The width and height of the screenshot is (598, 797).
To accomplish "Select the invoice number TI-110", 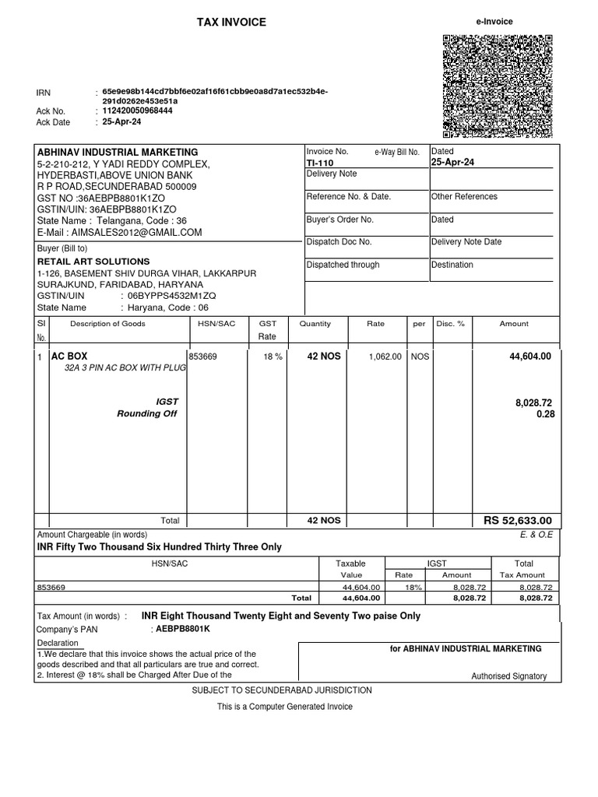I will click(x=320, y=163).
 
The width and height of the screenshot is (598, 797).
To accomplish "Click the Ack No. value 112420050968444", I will click(x=138, y=111).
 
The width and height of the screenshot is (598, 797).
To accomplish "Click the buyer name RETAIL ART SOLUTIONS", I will click(x=93, y=262).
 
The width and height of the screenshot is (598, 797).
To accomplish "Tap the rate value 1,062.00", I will click(x=385, y=356).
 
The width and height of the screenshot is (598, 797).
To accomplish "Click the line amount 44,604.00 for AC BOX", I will click(x=529, y=356).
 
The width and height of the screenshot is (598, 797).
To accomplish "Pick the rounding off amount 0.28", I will click(x=545, y=414).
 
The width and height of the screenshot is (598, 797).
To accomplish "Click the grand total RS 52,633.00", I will click(x=518, y=521).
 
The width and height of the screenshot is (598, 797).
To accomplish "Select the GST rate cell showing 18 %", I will click(x=273, y=356).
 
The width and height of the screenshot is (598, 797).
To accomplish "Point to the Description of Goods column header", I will click(x=108, y=324).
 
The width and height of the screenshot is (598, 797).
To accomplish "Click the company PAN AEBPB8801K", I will click(x=184, y=628).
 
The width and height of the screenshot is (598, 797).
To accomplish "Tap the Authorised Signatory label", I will click(x=509, y=676).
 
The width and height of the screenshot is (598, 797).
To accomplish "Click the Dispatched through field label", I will click(x=343, y=265).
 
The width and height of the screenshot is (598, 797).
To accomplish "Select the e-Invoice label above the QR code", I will click(x=494, y=22).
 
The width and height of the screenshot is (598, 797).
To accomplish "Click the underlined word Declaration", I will click(x=58, y=643).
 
